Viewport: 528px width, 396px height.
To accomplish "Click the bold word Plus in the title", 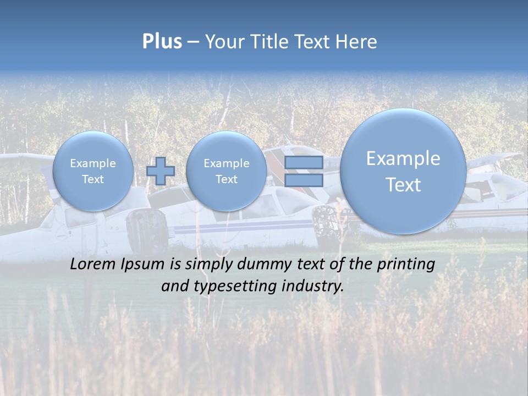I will click(x=162, y=42).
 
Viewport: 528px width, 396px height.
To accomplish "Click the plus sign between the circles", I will click(x=160, y=171).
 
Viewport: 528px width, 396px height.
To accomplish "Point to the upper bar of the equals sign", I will click(x=304, y=162).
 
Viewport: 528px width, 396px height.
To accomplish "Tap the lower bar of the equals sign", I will click(x=304, y=180).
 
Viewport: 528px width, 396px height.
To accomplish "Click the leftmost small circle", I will click(x=93, y=171).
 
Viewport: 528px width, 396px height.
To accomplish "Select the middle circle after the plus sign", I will click(x=227, y=171).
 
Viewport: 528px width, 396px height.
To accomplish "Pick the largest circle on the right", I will click(x=403, y=171).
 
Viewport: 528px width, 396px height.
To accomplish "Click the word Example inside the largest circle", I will click(x=403, y=158).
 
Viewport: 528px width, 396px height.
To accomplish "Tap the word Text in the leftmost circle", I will click(x=93, y=179).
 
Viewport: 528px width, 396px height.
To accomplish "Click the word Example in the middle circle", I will click(x=227, y=163).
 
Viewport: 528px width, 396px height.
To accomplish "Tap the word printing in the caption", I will click(x=405, y=265).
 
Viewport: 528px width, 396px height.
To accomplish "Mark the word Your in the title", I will click(x=224, y=42).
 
